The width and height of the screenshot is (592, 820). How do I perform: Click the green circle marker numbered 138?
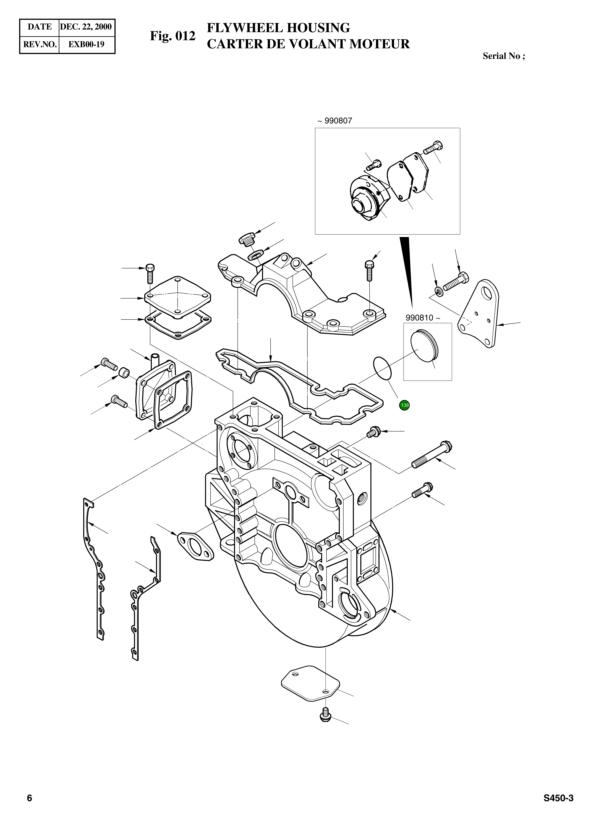404,405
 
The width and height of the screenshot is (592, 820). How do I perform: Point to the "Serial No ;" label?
504,56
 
